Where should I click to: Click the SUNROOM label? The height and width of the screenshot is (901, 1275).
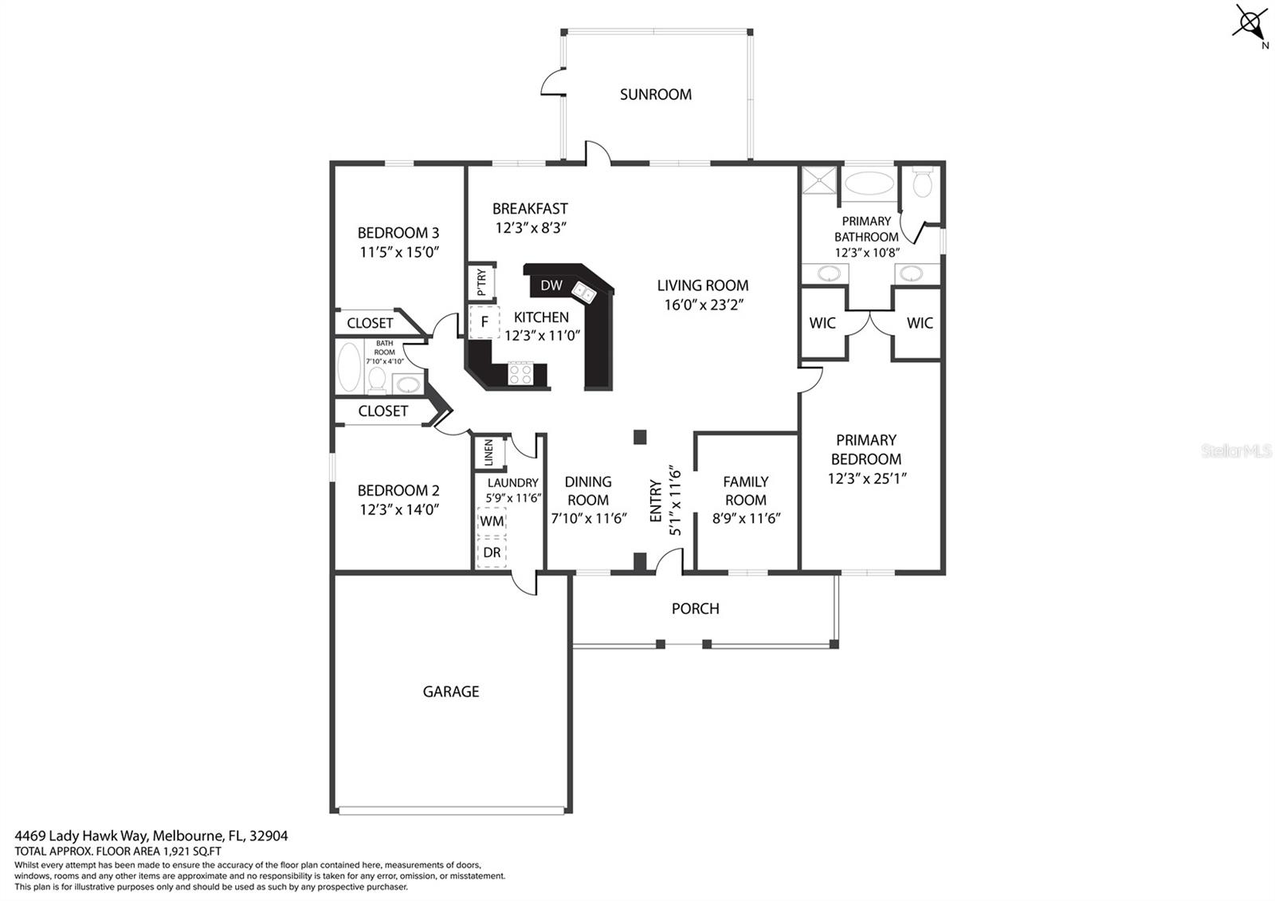[x=655, y=94]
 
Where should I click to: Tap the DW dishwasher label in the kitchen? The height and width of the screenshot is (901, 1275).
[x=551, y=285]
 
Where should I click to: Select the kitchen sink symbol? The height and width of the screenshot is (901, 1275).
[x=585, y=293]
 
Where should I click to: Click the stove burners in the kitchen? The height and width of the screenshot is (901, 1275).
[x=520, y=373]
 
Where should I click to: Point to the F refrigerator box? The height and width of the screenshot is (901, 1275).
[x=484, y=322]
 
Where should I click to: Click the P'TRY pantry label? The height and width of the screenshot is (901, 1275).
[x=481, y=282]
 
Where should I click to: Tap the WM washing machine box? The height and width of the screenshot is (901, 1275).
[x=492, y=521]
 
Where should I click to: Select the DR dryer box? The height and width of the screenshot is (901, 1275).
[x=492, y=553]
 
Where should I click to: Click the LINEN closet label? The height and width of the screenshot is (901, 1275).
[x=489, y=453]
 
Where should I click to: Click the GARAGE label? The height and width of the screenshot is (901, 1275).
[x=451, y=692]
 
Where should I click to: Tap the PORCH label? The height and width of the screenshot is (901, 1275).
[x=695, y=608]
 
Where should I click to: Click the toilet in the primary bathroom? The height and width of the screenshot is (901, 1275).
[x=922, y=183]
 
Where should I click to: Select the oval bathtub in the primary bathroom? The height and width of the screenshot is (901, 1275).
[x=869, y=183]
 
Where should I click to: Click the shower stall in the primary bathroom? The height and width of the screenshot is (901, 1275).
[x=819, y=180]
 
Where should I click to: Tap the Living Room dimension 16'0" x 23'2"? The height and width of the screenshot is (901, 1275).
[x=703, y=305]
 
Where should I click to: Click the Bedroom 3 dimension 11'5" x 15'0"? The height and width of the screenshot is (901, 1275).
[x=399, y=252]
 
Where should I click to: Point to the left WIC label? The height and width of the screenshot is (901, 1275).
[x=822, y=323]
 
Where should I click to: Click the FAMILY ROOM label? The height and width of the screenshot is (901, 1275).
[x=745, y=490]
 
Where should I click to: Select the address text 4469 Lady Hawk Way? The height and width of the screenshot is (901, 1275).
[x=151, y=836]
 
